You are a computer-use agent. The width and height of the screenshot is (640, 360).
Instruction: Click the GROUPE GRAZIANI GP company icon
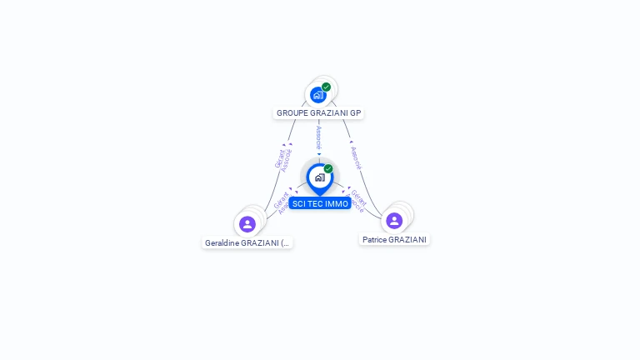[x=317, y=94]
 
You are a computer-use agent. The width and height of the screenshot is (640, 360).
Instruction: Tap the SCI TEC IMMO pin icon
[x=319, y=177]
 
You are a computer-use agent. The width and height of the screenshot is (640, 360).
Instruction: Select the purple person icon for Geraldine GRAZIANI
[x=247, y=223]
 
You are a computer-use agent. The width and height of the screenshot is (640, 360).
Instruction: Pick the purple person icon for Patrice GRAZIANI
[x=394, y=220]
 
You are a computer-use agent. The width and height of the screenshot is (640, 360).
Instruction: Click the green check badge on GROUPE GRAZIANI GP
[x=327, y=87]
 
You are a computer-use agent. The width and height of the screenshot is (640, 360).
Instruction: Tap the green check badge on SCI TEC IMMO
[x=328, y=169]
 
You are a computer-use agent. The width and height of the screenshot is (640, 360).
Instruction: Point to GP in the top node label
[x=356, y=113]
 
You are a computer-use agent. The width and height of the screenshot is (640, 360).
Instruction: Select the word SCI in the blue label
[x=299, y=204]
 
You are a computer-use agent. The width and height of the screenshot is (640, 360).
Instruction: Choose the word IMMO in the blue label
[x=337, y=204]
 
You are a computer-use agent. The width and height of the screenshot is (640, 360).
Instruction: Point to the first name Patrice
[x=375, y=240]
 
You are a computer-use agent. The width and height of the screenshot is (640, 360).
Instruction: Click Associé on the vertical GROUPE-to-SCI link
[x=319, y=137]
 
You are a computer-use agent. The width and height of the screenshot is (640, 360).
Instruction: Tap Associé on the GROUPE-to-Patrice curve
[x=356, y=156]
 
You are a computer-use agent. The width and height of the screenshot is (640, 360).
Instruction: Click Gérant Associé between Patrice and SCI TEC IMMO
[x=357, y=201]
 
